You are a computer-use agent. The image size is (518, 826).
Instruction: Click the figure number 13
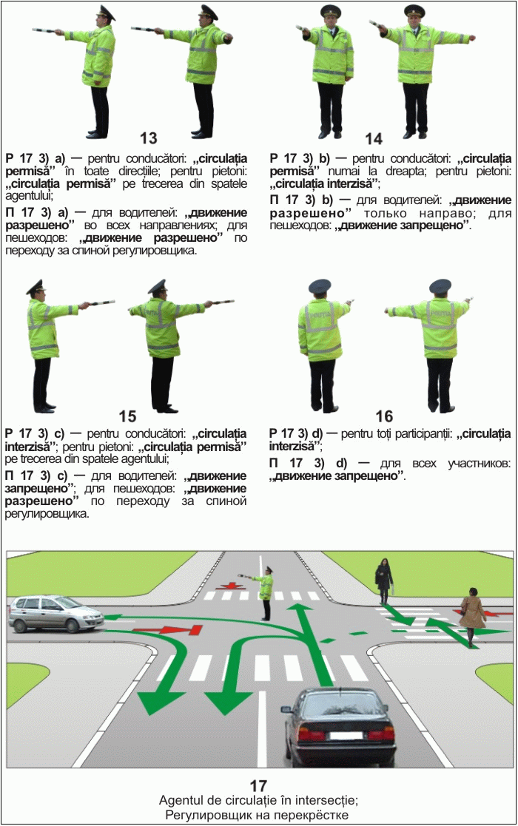(x=149, y=138)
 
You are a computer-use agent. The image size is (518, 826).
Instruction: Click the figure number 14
(x=374, y=139)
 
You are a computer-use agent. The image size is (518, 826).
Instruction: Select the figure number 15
(x=127, y=416)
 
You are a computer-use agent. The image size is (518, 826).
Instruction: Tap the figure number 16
(x=384, y=416)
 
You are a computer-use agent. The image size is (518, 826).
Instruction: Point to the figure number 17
(x=258, y=786)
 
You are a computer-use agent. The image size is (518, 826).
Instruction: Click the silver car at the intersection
(x=55, y=614)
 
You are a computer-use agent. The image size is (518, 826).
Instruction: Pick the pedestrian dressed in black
(x=383, y=581)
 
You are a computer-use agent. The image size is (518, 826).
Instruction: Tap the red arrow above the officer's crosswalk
(x=229, y=586)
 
